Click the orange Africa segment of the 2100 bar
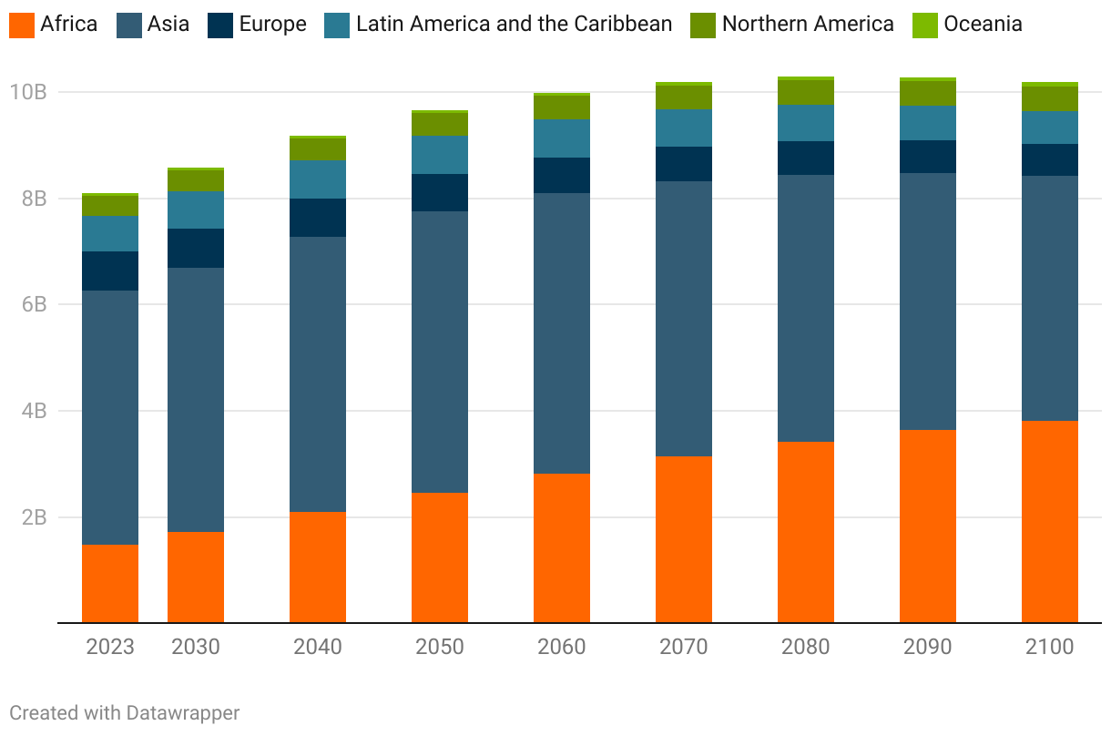pos(1049,522)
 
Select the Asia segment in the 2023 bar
pos(110,417)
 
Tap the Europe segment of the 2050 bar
pos(440,192)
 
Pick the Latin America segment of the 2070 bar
pos(684,128)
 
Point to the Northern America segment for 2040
pos(318,149)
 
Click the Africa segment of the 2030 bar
pos(196,578)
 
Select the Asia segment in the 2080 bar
pos(806,308)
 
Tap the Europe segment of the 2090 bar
pos(928,157)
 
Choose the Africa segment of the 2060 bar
pos(562,548)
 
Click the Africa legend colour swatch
pos(22,25)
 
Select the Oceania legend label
pos(983,25)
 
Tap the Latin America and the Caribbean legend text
pos(514,25)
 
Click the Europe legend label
pos(272,25)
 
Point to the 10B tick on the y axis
pos(28,92)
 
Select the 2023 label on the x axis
pos(110,647)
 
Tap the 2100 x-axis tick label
pos(1050,647)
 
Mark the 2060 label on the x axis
pos(562,647)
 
